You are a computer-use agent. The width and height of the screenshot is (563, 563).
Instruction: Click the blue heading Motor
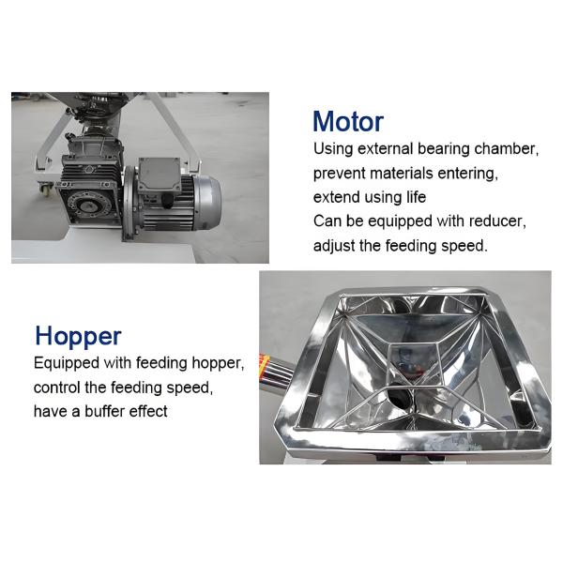[348, 122]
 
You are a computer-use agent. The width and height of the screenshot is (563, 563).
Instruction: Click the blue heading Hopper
[78, 337]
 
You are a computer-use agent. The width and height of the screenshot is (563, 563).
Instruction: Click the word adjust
[334, 246]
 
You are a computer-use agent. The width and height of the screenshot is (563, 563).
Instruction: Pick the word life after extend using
[416, 197]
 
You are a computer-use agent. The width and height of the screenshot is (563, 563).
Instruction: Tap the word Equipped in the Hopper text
[67, 364]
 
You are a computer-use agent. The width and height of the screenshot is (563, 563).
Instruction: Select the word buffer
[104, 412]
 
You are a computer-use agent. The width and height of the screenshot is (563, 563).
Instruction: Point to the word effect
[148, 412]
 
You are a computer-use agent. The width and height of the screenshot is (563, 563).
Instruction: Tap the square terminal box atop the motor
[159, 175]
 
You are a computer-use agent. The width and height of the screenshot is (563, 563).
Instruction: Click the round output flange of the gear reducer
[87, 206]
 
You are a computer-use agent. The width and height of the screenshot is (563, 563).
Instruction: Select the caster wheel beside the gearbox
[45, 187]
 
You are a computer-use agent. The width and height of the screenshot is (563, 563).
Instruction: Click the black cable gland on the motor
[167, 201]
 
